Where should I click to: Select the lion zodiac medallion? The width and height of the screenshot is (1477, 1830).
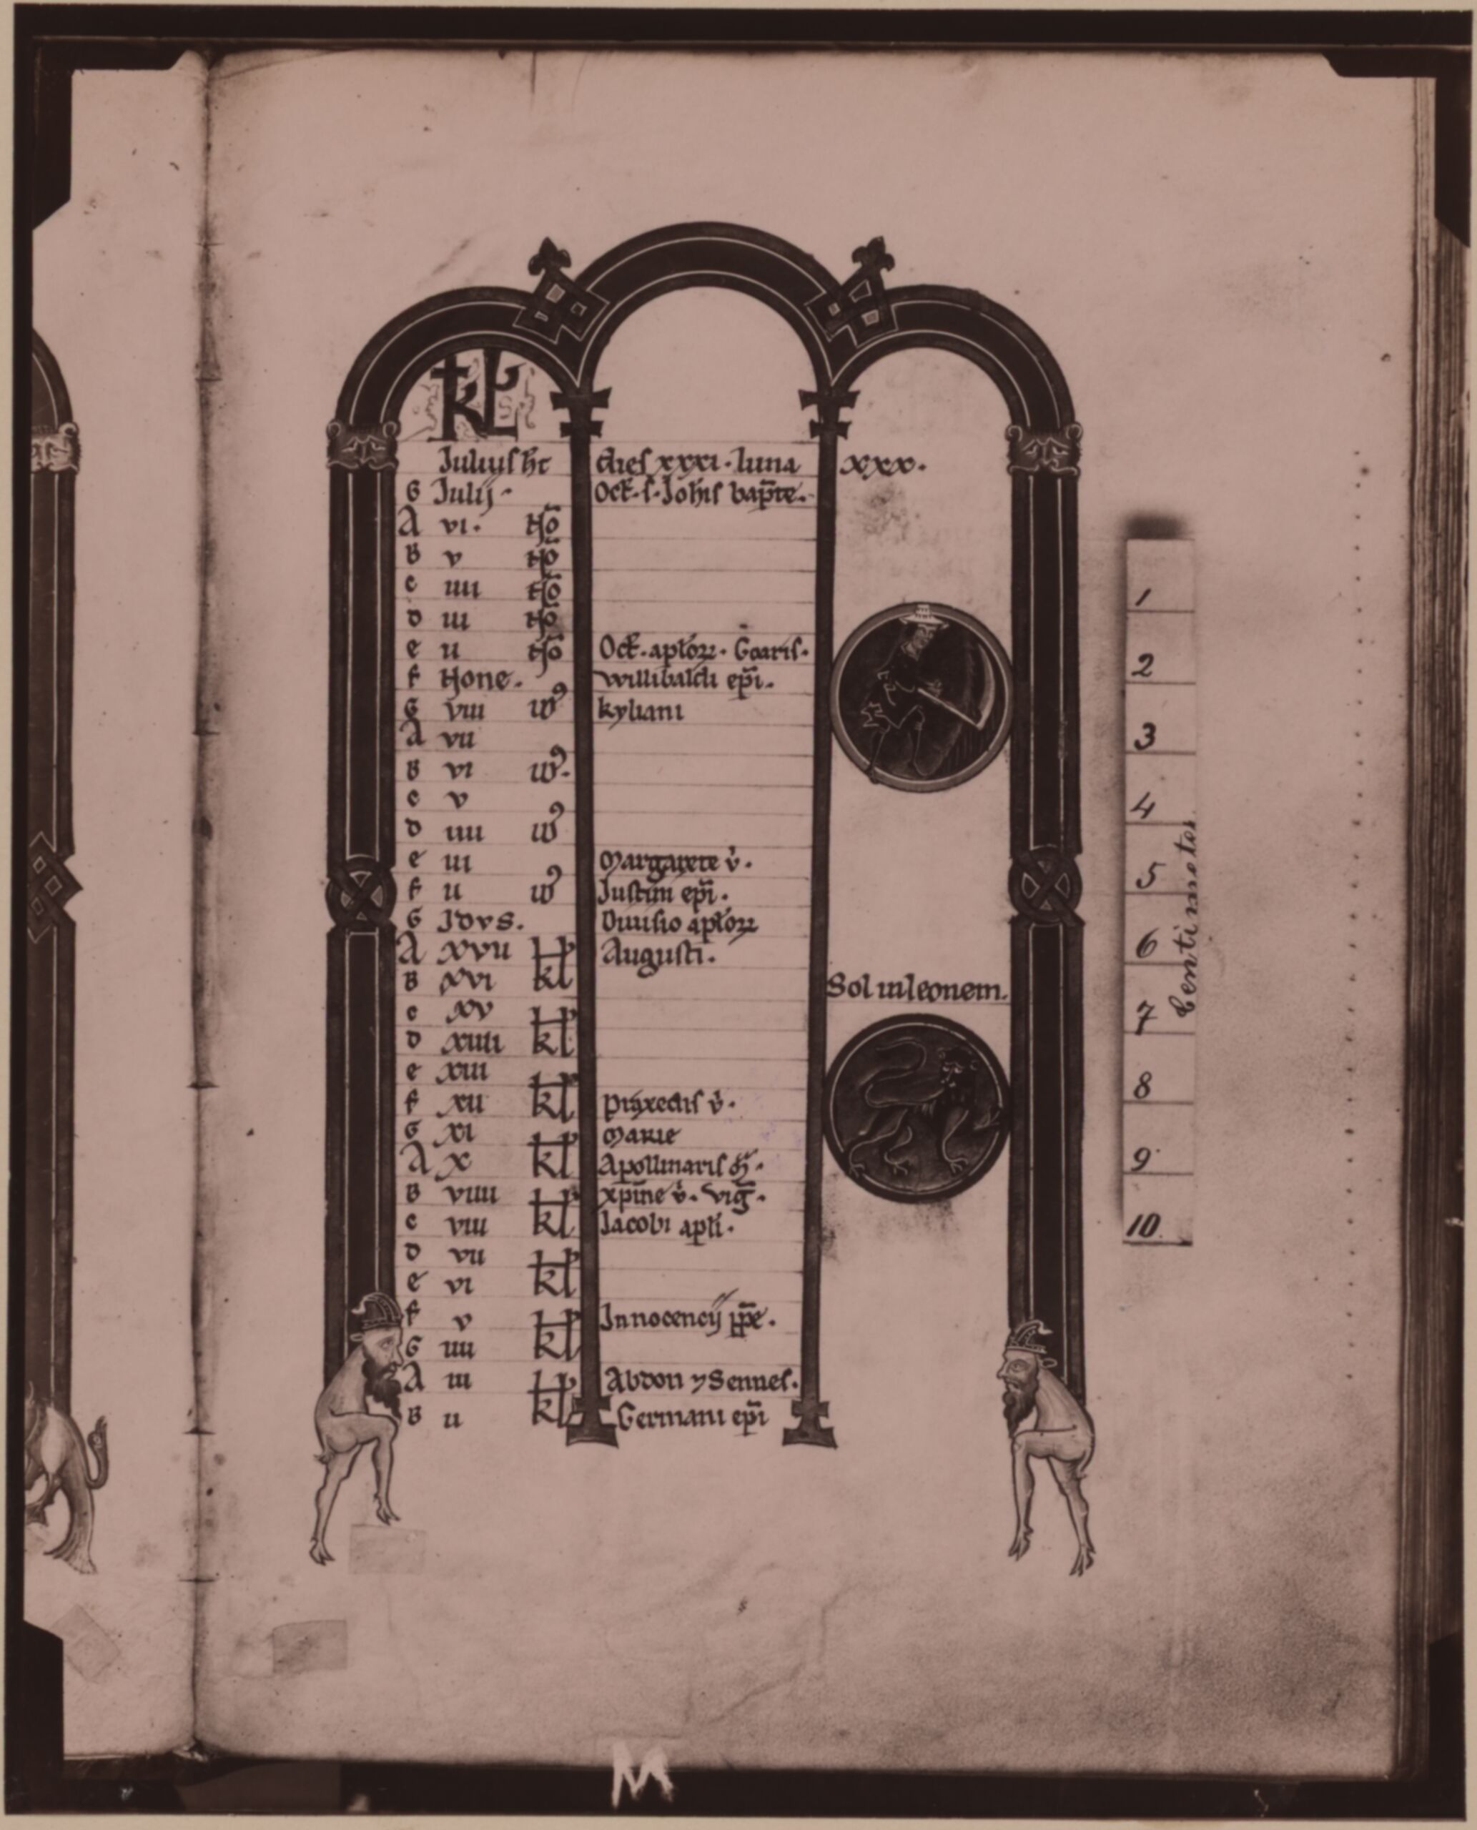tap(917, 1105)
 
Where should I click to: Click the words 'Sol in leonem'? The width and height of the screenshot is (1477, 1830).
tap(917, 989)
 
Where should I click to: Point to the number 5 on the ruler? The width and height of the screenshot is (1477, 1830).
tap(1150, 876)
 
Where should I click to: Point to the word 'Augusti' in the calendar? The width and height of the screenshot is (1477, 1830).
tap(655, 956)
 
